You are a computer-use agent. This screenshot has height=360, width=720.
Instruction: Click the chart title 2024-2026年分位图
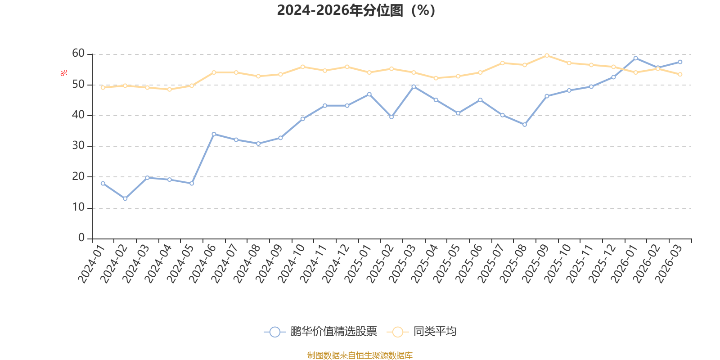[x=355, y=10]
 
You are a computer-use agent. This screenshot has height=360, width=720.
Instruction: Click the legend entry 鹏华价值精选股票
[x=333, y=332]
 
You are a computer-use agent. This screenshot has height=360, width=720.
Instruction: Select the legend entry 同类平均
[x=434, y=332]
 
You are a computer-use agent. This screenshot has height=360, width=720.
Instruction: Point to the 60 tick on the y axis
[x=78, y=54]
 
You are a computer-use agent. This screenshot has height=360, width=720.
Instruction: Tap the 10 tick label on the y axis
[x=78, y=207]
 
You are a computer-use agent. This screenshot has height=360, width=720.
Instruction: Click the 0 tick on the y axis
[x=81, y=238]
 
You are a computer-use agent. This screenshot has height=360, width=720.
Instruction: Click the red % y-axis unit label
[x=64, y=72]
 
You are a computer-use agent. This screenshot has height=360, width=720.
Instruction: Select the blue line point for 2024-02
[x=125, y=198]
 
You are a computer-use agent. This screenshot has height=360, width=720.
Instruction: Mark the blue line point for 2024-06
[x=214, y=134]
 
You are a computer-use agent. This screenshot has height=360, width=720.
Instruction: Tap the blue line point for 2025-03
[x=414, y=86]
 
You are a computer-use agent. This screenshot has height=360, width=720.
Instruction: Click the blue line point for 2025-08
[x=525, y=125]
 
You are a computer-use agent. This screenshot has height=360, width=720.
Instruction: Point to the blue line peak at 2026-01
[x=635, y=58]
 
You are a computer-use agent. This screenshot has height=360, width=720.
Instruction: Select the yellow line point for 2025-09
[x=547, y=55]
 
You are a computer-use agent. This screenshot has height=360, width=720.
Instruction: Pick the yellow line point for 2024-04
[x=169, y=89]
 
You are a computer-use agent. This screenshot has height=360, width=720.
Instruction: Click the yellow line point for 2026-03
[x=680, y=74]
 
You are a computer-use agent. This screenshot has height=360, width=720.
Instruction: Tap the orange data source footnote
[x=360, y=355]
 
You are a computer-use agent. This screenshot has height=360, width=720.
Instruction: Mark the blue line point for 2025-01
[x=369, y=94]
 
